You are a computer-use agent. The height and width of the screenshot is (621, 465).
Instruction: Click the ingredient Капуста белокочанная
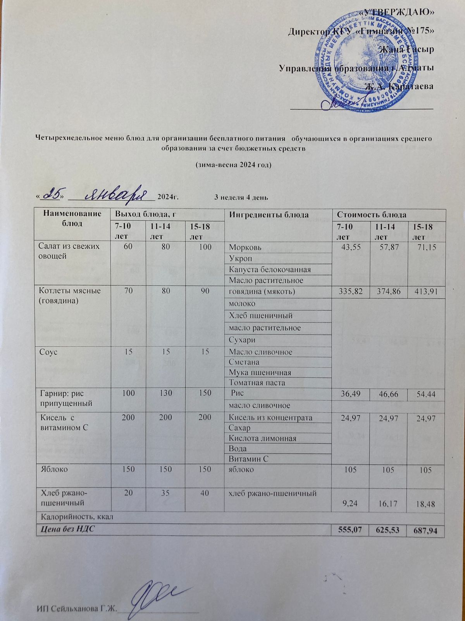click(270, 269)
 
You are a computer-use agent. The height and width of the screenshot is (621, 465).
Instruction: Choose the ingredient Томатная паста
click(257, 383)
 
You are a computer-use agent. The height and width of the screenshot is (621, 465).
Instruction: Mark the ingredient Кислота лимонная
click(263, 438)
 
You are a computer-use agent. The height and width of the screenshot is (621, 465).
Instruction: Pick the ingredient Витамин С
click(249, 458)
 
